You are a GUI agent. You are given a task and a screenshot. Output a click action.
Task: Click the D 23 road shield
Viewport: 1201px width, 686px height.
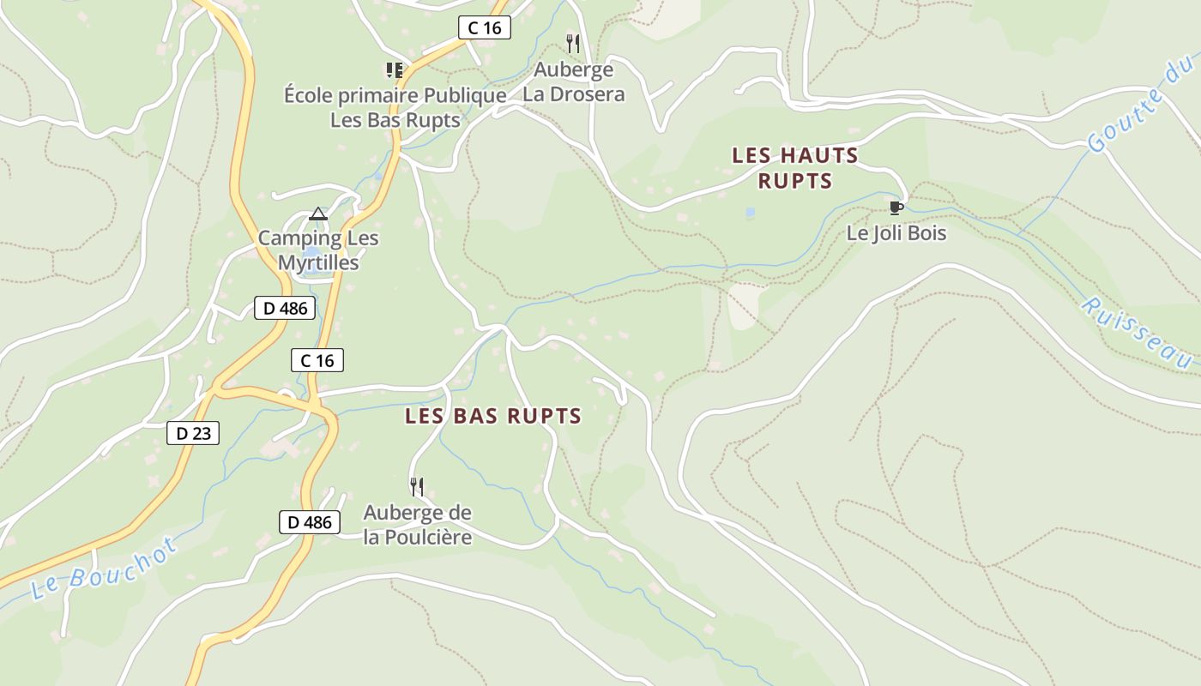coord(193,433)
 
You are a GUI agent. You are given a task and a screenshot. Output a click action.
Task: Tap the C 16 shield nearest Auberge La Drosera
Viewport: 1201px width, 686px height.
coord(484,27)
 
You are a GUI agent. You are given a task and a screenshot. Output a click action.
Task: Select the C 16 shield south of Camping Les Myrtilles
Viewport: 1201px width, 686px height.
coord(317,360)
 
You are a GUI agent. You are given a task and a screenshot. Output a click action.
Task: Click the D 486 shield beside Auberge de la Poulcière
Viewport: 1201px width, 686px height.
coord(309,521)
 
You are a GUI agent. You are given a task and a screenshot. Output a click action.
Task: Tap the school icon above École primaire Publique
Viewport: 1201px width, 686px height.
coord(394,69)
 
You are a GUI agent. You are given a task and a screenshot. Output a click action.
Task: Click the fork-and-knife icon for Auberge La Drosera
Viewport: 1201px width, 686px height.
coord(573,43)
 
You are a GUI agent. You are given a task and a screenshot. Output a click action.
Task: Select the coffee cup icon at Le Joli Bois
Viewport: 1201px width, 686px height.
coord(896,208)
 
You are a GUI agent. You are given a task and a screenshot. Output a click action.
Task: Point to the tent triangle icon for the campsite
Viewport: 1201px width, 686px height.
coord(318,214)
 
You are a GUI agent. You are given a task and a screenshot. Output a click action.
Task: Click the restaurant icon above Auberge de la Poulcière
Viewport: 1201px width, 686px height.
coord(417,487)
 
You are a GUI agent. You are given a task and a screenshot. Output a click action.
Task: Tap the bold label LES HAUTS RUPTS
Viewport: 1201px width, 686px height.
coord(794,168)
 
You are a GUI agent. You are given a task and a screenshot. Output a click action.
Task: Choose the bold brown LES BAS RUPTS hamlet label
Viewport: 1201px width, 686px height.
coord(492,417)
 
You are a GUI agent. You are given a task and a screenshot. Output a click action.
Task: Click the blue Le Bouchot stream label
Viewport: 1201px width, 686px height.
coord(104,569)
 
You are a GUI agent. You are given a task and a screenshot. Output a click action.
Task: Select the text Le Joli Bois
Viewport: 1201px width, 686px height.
coord(896,232)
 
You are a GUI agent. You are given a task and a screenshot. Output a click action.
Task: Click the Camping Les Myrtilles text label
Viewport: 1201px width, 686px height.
coord(318,250)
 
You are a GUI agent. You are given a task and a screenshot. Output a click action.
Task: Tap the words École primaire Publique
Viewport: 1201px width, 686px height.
coord(395,95)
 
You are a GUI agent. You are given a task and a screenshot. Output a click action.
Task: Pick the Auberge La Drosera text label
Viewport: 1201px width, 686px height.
coord(573,81)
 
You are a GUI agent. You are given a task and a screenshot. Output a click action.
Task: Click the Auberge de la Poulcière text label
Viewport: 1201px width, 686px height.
coord(417,525)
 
